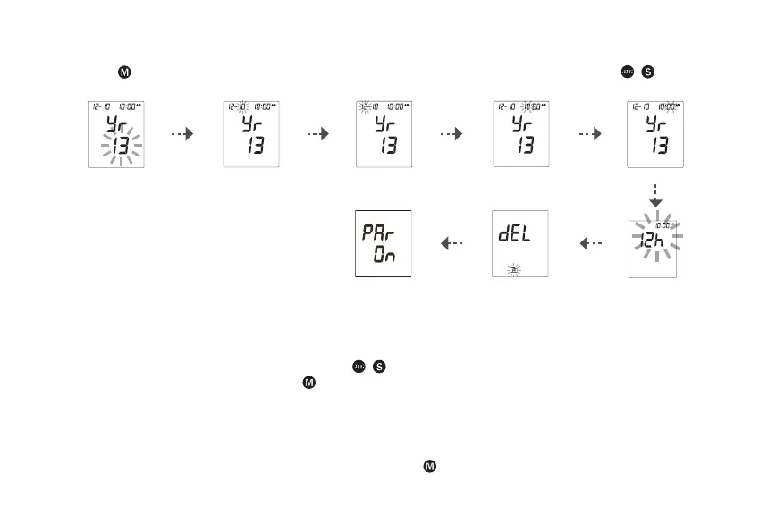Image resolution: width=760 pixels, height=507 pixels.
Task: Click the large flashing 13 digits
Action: (120, 145)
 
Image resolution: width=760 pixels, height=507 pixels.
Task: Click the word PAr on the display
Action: (379, 233)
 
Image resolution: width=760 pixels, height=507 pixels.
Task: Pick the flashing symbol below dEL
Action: (513, 267)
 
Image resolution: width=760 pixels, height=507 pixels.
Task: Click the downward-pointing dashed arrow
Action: (655, 195)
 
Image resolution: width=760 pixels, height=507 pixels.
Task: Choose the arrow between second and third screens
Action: (317, 134)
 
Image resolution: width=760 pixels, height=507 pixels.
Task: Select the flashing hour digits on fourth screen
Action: (528, 106)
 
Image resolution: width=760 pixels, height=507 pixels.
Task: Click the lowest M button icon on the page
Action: (428, 468)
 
